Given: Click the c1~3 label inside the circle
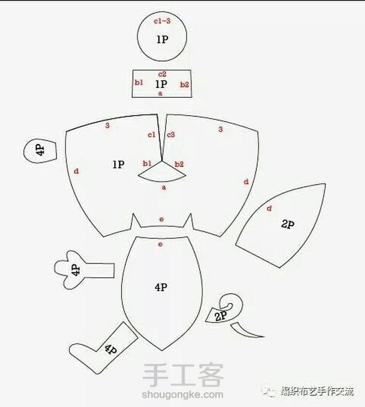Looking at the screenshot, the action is (162, 21).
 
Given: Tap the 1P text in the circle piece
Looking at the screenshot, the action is (162, 39).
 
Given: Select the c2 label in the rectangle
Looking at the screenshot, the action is (162, 75).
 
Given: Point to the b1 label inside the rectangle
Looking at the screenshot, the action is (139, 83).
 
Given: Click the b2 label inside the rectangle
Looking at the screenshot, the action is (185, 84).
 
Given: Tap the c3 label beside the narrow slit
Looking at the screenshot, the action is (171, 135).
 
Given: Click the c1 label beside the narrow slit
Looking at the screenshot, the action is (151, 135).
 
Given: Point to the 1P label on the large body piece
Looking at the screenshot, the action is (118, 164).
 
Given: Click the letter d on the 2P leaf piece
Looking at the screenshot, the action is (269, 208).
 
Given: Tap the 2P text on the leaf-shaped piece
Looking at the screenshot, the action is (287, 224).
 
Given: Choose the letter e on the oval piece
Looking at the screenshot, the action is (161, 244).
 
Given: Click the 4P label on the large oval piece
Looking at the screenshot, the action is (161, 287).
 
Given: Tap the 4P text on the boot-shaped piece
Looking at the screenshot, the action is (111, 349).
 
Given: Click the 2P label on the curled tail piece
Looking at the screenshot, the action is (221, 316).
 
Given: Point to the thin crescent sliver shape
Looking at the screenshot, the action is (246, 331).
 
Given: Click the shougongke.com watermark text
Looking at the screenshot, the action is (182, 395).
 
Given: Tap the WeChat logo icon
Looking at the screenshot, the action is (269, 391).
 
